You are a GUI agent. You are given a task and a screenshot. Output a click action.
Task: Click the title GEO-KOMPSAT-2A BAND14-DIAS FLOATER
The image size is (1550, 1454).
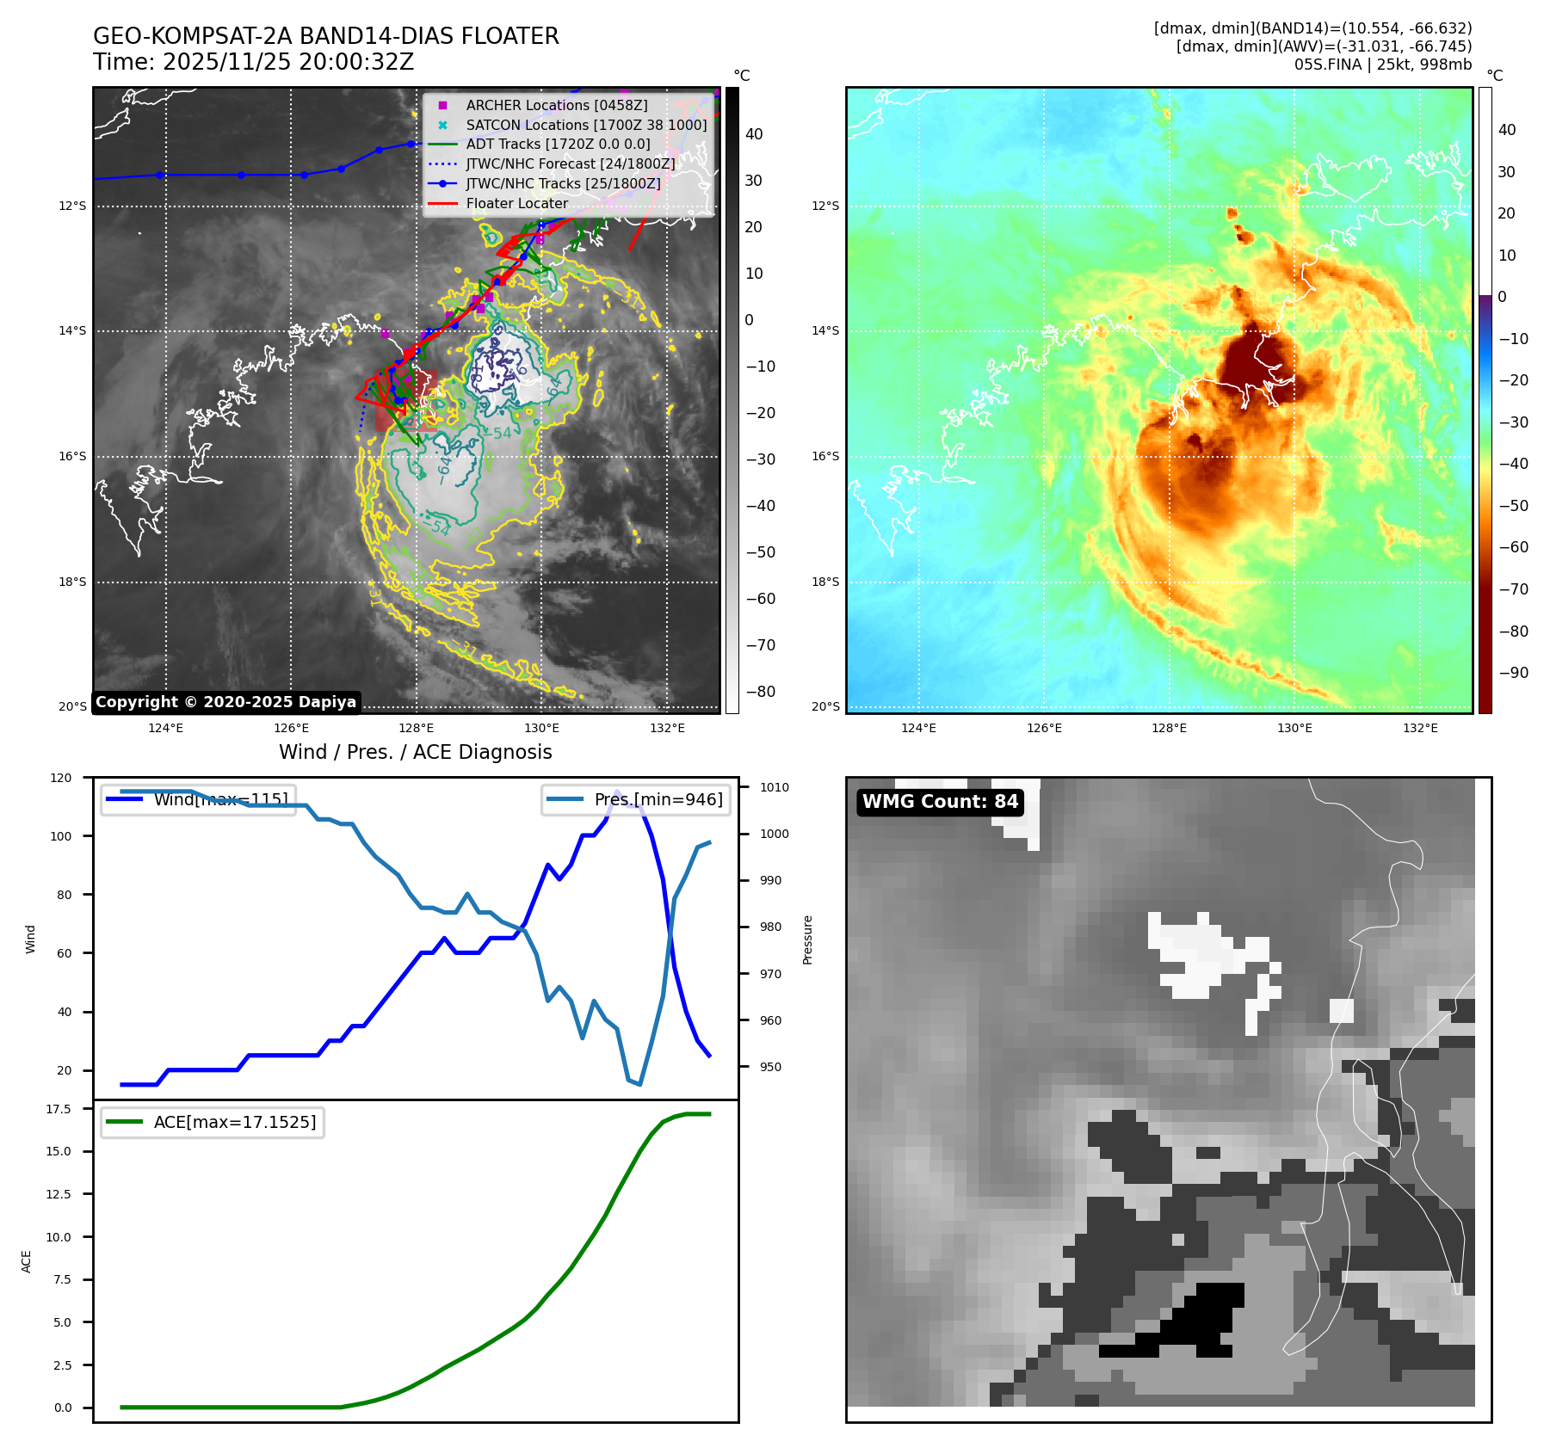(325, 36)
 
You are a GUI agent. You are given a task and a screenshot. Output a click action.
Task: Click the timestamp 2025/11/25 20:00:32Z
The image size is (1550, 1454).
(287, 62)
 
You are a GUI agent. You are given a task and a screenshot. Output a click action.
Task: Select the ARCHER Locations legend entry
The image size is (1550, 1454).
(556, 105)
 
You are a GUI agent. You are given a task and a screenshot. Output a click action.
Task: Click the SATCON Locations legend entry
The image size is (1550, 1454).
(585, 125)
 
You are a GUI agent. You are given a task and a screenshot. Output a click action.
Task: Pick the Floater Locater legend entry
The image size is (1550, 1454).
(516, 204)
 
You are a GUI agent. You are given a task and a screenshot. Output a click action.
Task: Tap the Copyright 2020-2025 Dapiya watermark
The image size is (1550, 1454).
(225, 702)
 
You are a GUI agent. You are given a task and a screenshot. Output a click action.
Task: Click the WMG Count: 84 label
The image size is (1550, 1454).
(940, 802)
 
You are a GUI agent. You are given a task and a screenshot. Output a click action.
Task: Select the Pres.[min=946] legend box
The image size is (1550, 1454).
(636, 799)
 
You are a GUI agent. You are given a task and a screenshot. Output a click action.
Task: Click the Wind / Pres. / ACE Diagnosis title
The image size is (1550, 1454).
(415, 752)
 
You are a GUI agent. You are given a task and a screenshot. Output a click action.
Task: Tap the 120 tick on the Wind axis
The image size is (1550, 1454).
(61, 778)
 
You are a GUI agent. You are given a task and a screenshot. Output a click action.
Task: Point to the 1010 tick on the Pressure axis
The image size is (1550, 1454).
(775, 787)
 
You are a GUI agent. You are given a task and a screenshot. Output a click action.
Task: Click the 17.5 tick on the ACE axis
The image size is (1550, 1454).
(59, 1109)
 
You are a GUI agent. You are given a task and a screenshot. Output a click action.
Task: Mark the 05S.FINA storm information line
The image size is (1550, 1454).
(1382, 65)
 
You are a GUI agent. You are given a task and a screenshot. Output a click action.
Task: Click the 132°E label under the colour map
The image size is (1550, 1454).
(1420, 728)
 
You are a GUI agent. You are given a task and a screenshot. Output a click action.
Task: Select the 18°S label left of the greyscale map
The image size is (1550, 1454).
(72, 582)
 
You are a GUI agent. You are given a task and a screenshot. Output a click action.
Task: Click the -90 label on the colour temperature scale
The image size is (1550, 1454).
(1513, 673)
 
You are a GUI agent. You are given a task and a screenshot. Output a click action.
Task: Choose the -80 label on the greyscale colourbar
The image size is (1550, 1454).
(760, 692)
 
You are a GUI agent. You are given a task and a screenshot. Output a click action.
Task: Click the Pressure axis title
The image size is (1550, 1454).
(807, 940)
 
